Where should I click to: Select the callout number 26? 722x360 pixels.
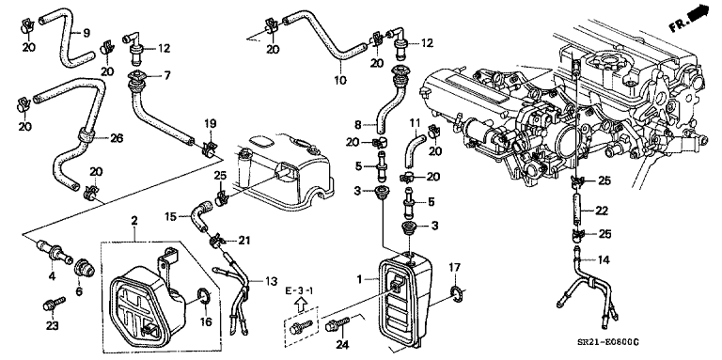(117, 138)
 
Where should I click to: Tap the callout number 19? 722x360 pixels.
(211, 123)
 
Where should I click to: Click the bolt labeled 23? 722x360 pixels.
(53, 303)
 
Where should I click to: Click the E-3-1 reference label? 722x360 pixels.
(301, 293)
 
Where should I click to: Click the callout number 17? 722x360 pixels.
(454, 268)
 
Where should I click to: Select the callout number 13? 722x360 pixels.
(270, 281)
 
